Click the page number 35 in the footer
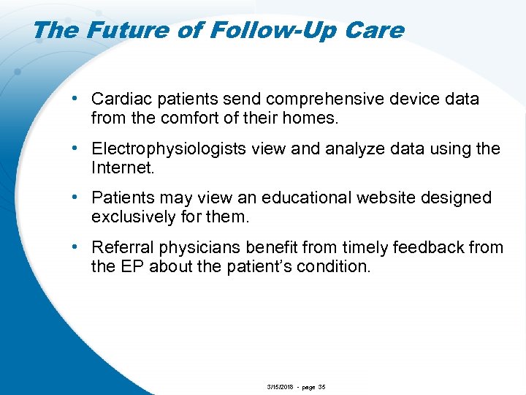[x=321, y=386]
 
